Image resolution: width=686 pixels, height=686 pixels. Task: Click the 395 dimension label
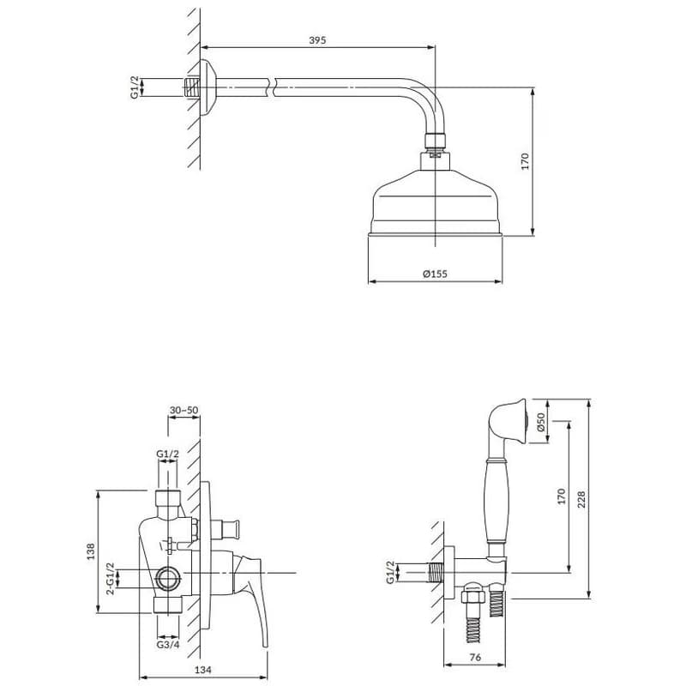tap(317, 40)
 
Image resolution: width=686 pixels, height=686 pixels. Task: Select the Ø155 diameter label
tap(435, 274)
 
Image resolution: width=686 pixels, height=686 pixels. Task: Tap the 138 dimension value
tap(91, 551)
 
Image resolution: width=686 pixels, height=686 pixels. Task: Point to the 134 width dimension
tap(203, 670)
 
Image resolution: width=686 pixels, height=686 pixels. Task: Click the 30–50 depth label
tap(184, 410)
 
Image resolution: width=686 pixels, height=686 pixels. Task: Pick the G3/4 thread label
tap(168, 644)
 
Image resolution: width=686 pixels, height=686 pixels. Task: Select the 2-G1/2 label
tap(111, 578)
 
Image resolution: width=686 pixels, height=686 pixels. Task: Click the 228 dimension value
tap(581, 499)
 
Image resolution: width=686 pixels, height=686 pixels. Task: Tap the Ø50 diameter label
tap(541, 421)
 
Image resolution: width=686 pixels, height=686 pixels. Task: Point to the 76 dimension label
tap(475, 657)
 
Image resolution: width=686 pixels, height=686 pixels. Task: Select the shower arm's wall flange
tap(208, 87)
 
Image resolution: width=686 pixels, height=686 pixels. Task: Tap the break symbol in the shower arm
tap(272, 87)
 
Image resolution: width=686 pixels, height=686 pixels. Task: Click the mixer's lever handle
tap(250, 591)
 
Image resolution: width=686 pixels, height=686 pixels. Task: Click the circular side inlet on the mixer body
tap(168, 578)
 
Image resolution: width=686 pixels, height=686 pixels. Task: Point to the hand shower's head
tap(509, 421)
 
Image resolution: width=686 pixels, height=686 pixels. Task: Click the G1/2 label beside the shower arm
tap(135, 87)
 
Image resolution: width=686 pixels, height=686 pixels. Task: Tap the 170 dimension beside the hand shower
tap(562, 496)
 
